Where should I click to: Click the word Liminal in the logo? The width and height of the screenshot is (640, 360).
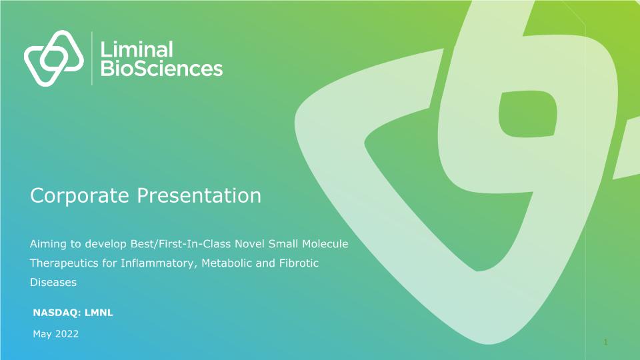pyautogui.click(x=136, y=49)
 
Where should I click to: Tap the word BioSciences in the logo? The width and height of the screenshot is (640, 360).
pyautogui.click(x=161, y=69)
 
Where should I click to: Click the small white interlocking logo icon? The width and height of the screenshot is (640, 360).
pyautogui.click(x=54, y=58)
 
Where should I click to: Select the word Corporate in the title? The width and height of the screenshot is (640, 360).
pyautogui.click(x=79, y=195)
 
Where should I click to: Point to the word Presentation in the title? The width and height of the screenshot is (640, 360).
pyautogui.click(x=199, y=195)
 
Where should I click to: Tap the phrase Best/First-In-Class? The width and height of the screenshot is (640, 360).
pyautogui.click(x=181, y=244)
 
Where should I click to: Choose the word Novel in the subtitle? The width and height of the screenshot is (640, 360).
pyautogui.click(x=249, y=244)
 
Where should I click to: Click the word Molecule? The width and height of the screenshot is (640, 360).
pyautogui.click(x=325, y=244)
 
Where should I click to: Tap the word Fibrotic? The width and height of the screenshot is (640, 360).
pyautogui.click(x=299, y=263)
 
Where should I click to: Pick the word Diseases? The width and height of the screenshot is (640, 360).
pyautogui.click(x=53, y=282)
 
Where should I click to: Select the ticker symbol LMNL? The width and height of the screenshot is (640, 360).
pyautogui.click(x=99, y=313)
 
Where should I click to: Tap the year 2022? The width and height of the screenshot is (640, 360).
pyautogui.click(x=67, y=334)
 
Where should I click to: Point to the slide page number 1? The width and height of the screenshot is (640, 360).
pyautogui.click(x=606, y=342)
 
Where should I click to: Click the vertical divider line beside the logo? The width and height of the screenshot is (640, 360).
pyautogui.click(x=92, y=59)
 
